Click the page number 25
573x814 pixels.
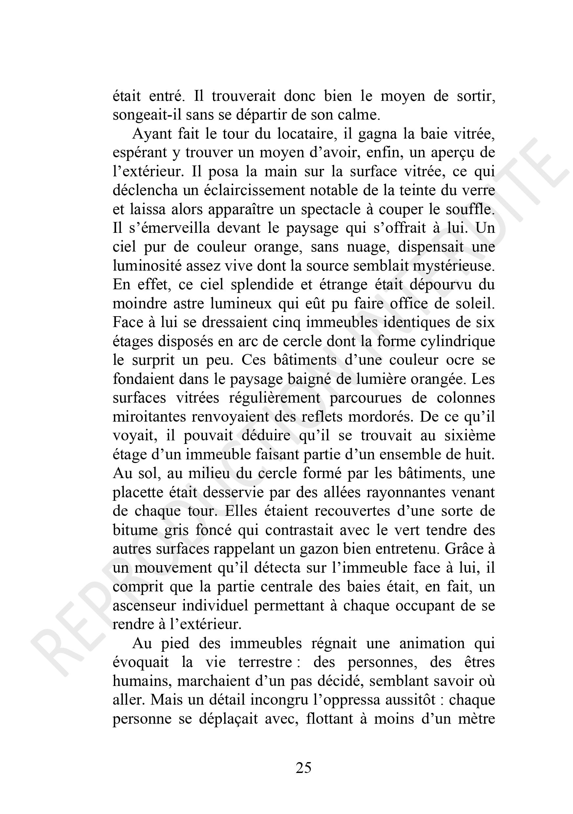[x=304, y=768]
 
